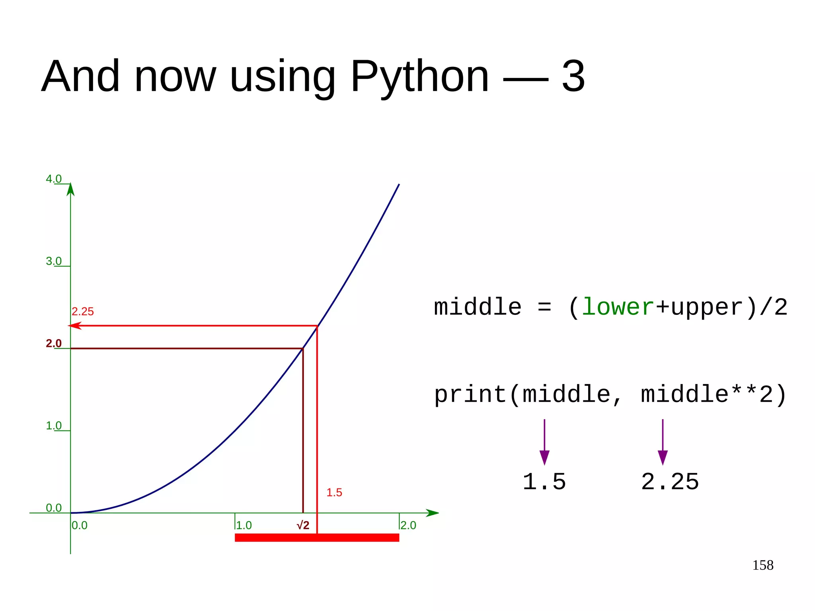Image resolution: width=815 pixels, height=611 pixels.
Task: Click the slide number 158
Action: click(762, 565)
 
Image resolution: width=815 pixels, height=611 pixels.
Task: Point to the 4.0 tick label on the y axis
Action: click(54, 179)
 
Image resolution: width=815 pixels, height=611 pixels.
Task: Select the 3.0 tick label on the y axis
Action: click(54, 261)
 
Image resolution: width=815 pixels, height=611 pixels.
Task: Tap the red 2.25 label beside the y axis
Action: click(83, 311)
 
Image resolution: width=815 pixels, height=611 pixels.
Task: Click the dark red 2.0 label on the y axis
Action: click(54, 343)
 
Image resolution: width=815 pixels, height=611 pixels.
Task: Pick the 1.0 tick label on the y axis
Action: click(54, 426)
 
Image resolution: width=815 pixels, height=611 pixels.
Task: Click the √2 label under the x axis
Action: click(303, 525)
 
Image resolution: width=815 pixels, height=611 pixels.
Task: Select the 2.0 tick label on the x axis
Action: click(408, 525)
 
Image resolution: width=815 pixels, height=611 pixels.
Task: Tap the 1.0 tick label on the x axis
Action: click(244, 525)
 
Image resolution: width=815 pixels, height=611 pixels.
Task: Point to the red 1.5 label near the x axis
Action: click(334, 492)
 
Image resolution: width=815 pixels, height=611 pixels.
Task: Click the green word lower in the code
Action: click(618, 307)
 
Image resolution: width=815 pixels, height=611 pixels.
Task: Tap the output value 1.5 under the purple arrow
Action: click(544, 482)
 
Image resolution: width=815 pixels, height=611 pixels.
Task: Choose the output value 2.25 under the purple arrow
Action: click(670, 482)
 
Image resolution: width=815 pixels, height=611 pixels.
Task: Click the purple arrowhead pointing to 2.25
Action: click(663, 457)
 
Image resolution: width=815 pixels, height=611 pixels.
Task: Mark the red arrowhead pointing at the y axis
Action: click(75, 326)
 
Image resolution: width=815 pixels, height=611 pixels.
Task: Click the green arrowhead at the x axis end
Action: click(433, 513)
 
